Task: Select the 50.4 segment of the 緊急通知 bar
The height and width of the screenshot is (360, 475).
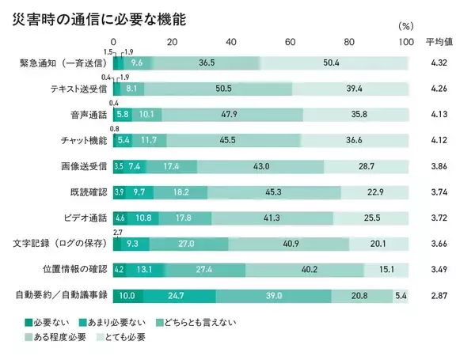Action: point(335,63)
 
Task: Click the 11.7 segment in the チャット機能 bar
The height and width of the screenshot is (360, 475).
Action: point(149,140)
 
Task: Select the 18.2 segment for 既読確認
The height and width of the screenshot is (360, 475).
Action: point(181,192)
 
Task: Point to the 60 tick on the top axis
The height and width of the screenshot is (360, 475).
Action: point(289,41)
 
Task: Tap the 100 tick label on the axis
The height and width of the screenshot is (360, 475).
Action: point(405,41)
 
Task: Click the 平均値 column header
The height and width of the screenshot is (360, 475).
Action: point(439,41)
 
